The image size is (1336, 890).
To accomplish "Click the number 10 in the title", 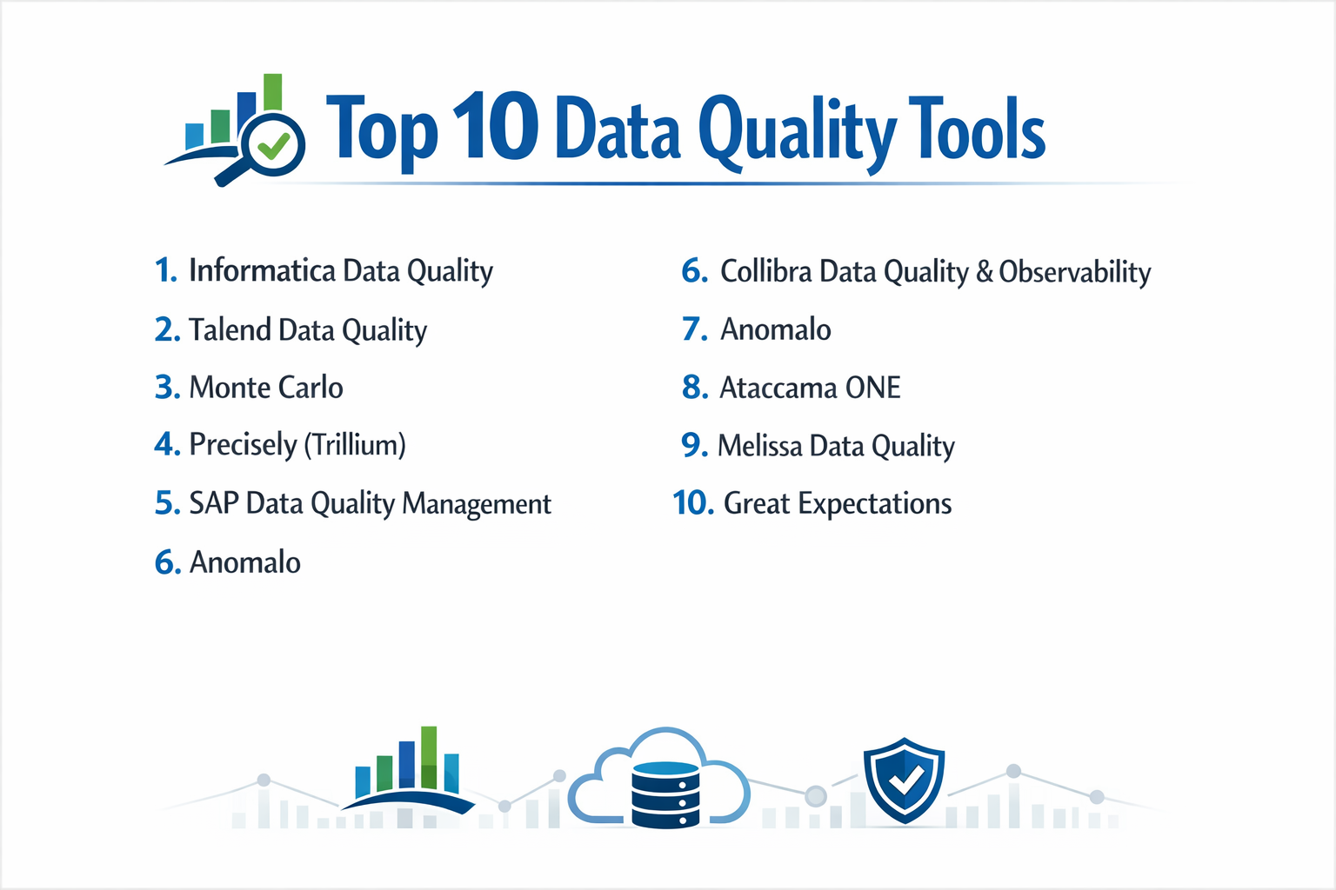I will pyautogui.click(x=494, y=129).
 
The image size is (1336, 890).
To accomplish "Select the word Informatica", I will pyautogui.click(x=262, y=270).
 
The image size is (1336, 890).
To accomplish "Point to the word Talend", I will pyautogui.click(x=230, y=329).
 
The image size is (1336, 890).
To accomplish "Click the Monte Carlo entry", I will pyautogui.click(x=266, y=387).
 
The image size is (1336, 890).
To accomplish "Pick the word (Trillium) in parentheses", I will pyautogui.click(x=354, y=445).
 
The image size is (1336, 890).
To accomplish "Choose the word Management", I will pyautogui.click(x=477, y=504).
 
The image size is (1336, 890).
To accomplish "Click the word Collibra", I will pyautogui.click(x=765, y=271).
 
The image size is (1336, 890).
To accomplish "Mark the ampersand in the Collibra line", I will pyautogui.click(x=985, y=272).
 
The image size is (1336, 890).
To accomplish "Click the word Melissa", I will pyautogui.click(x=759, y=446).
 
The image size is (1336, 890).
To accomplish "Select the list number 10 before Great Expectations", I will pyautogui.click(x=693, y=503).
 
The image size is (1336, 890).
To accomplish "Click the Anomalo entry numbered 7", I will pyautogui.click(x=775, y=329).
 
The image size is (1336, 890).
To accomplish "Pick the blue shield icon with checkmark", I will pyautogui.click(x=904, y=780).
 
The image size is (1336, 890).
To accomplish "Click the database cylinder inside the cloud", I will pyautogui.click(x=665, y=794).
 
